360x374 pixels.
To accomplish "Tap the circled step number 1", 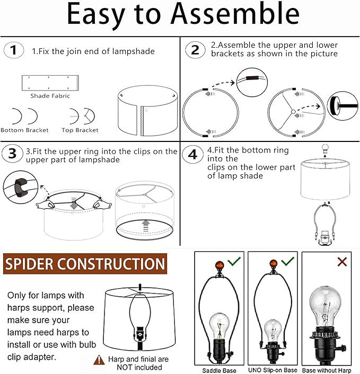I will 14,51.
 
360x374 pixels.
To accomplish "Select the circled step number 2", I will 195,50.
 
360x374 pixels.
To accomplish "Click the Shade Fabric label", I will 50,96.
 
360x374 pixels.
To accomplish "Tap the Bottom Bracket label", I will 25,130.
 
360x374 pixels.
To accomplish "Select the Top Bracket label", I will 80,130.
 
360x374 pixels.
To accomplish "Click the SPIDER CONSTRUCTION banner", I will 85,264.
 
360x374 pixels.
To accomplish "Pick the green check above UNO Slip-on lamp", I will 287,261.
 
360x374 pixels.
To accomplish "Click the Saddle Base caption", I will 219,370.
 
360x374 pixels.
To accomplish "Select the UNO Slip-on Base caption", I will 273,370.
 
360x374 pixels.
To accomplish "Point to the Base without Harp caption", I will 328,370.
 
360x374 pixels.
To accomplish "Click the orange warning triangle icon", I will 99,360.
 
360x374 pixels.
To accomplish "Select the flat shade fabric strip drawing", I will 50,83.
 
